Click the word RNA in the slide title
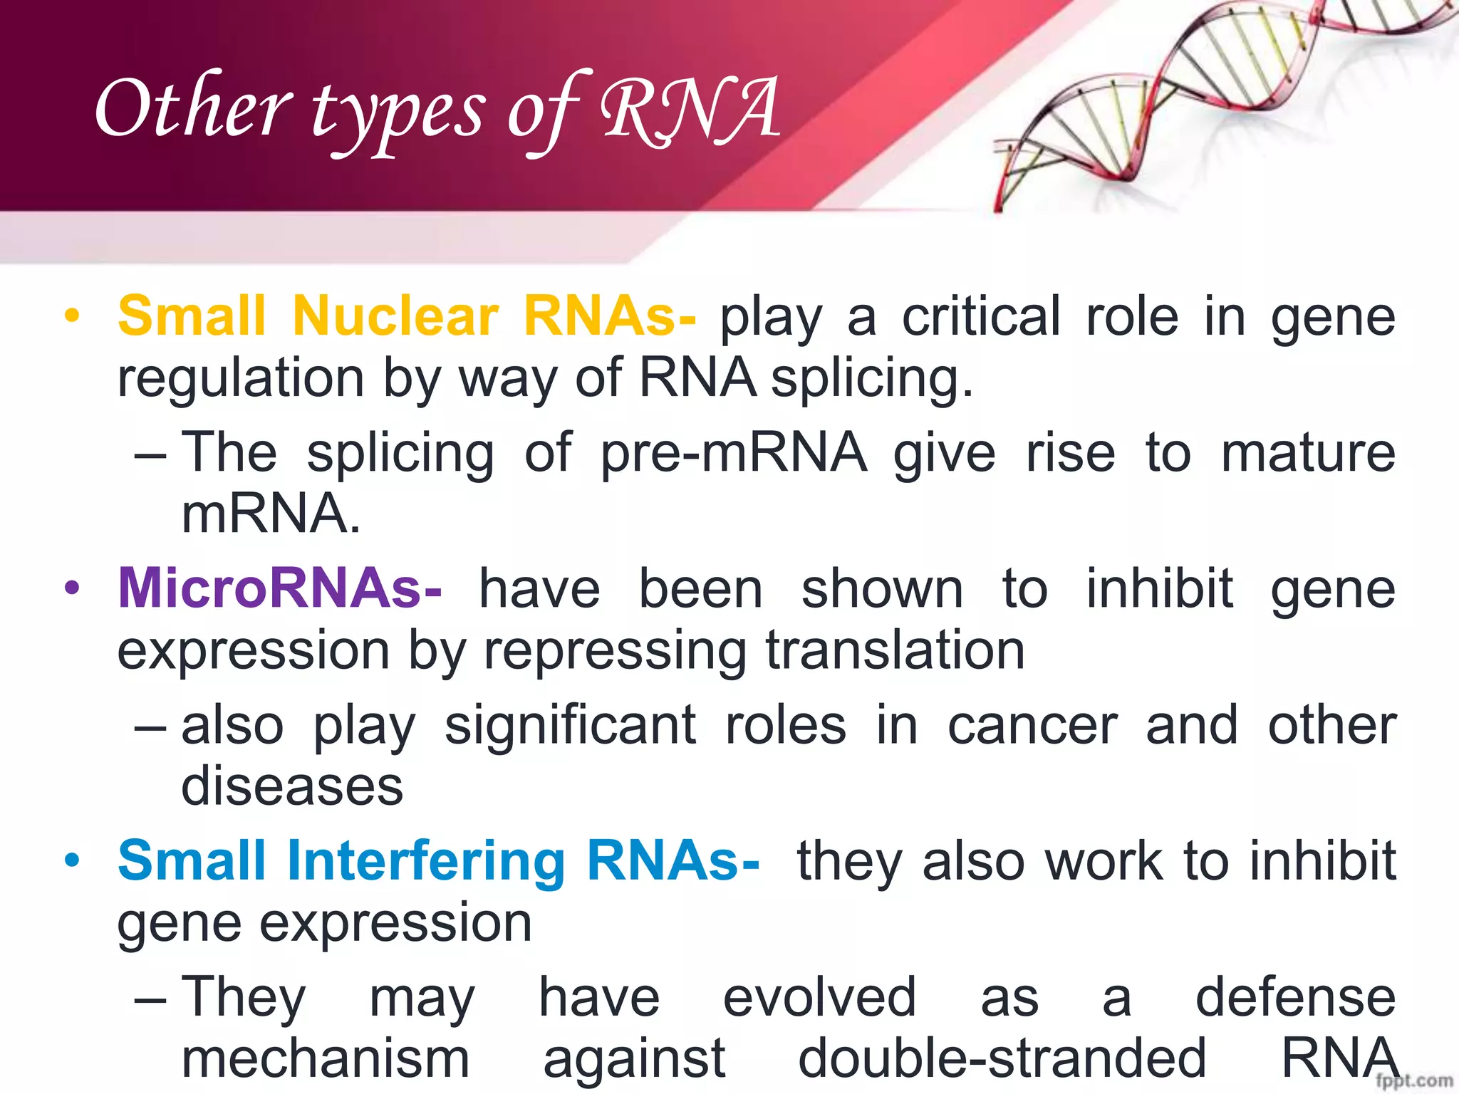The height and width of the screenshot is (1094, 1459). click(690, 110)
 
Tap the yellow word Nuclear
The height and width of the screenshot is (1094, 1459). click(395, 316)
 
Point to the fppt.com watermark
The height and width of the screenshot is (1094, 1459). click(1414, 1081)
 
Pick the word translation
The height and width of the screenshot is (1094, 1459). click(895, 651)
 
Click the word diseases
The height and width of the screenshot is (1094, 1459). click(292, 787)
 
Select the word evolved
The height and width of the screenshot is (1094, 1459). click(819, 998)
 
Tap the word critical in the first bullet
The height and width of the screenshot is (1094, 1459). click(981, 316)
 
